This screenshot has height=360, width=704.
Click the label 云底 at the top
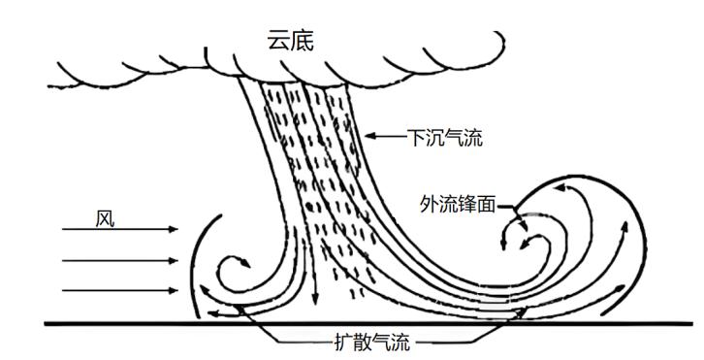(x=292, y=40)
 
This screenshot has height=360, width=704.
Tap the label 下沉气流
(x=445, y=140)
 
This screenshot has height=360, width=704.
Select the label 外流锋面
(x=459, y=205)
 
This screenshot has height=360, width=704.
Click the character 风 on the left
(x=105, y=216)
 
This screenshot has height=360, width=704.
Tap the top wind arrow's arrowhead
(x=175, y=230)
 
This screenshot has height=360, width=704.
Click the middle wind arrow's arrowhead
(x=175, y=260)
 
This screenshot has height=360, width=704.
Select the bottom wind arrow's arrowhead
(x=175, y=290)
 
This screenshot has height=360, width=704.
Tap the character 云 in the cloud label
(x=279, y=40)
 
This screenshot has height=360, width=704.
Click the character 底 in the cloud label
(x=304, y=40)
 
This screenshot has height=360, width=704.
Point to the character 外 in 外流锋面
(x=431, y=205)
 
